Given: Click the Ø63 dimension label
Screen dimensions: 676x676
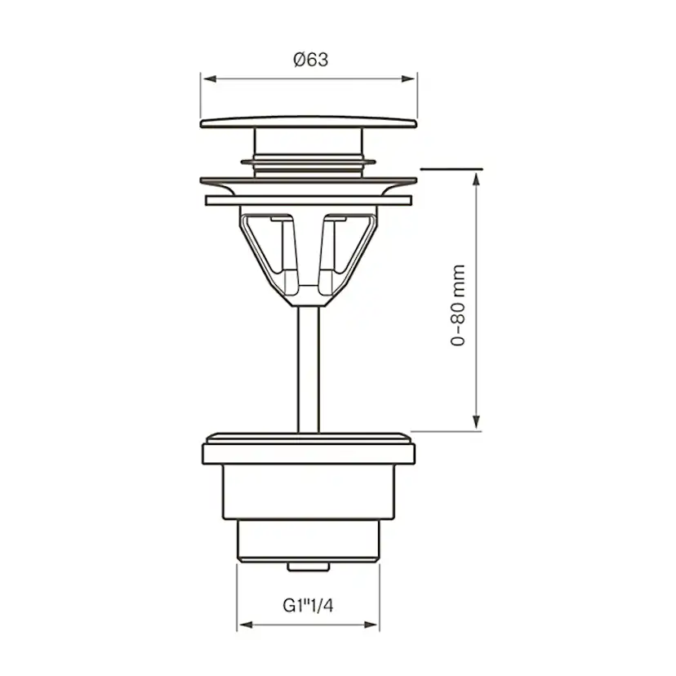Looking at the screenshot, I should (309, 59).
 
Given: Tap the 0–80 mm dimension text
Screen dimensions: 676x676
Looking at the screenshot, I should (460, 305).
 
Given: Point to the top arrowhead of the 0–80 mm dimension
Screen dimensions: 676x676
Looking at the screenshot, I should (476, 176).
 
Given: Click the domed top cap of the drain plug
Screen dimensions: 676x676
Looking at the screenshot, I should (309, 122).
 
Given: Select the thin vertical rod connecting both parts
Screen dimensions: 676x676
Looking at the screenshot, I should (309, 367).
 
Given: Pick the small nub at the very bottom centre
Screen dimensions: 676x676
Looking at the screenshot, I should (309, 565).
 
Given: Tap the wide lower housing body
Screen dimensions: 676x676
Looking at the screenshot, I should (309, 490).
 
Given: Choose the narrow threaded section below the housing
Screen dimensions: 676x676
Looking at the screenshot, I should (309, 540).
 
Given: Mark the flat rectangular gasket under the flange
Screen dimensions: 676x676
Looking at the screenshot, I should (309, 200).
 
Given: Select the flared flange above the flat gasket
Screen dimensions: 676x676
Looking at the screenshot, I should (309, 182).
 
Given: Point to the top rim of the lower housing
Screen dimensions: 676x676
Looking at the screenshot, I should (309, 437).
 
